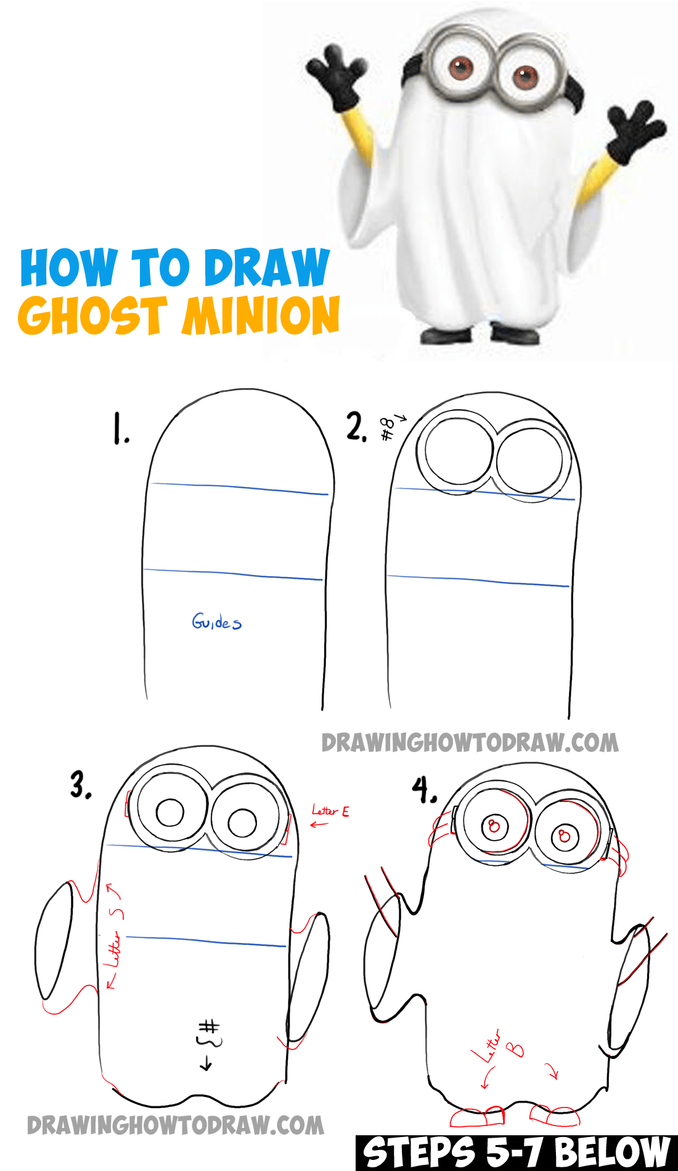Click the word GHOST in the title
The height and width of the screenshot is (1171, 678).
coord(93,315)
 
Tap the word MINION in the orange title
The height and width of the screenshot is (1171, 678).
coord(261,315)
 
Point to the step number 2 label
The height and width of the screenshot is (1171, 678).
coord(356,426)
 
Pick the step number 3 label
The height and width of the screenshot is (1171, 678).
coord(81,785)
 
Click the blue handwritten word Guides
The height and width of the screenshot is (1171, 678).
coord(216,621)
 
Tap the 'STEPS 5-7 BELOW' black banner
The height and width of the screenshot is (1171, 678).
coord(517,1153)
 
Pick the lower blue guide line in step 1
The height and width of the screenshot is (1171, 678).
coord(233,574)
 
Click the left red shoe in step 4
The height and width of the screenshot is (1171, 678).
coord(477,1117)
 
